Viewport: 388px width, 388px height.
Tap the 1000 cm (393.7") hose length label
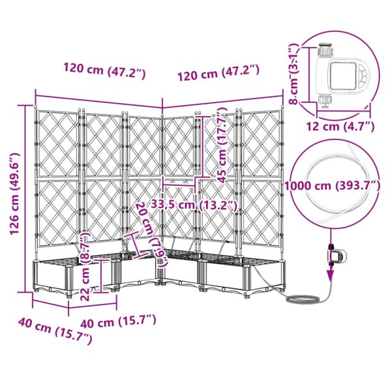tap(332, 186)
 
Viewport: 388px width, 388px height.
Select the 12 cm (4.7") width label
tap(340, 127)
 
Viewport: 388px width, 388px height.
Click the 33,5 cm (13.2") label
tap(194, 205)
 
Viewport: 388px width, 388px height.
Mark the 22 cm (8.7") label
tap(85, 266)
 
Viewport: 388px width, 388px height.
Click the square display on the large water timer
tap(342, 76)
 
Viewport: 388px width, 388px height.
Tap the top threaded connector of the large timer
tap(325, 50)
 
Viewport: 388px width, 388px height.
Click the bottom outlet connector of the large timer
tap(325, 102)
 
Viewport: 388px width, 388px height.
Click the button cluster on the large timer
tap(363, 75)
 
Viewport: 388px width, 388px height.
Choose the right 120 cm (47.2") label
tap(218, 73)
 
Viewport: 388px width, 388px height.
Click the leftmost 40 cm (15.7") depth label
tap(55, 331)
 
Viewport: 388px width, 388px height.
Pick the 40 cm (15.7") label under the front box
tap(119, 321)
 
